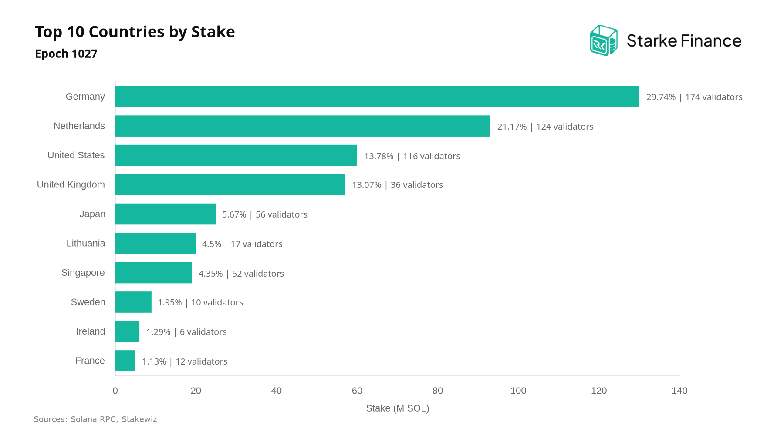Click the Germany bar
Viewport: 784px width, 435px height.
(377, 97)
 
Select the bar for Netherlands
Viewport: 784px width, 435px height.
(303, 126)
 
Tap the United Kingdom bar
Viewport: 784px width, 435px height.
(230, 185)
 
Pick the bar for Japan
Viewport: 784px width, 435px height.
(166, 214)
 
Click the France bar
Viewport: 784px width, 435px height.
(125, 361)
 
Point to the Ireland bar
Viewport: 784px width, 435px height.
(127, 331)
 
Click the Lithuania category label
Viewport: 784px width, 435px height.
(86, 243)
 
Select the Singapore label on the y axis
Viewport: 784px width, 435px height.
(83, 273)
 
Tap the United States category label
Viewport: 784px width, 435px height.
(76, 155)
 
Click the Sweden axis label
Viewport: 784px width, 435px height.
(88, 302)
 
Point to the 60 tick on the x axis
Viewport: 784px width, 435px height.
(357, 391)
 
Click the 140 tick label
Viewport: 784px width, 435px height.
(679, 391)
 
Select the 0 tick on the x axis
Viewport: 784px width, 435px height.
(115, 391)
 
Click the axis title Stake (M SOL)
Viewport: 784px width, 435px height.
(398, 408)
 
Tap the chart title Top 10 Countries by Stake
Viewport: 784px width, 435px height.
(135, 32)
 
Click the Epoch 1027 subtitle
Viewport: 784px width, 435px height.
(66, 54)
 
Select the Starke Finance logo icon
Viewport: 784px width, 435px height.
(604, 40)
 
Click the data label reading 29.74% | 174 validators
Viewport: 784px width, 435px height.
(694, 97)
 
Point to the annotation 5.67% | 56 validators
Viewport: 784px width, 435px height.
(265, 214)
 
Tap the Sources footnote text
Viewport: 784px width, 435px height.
(95, 419)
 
